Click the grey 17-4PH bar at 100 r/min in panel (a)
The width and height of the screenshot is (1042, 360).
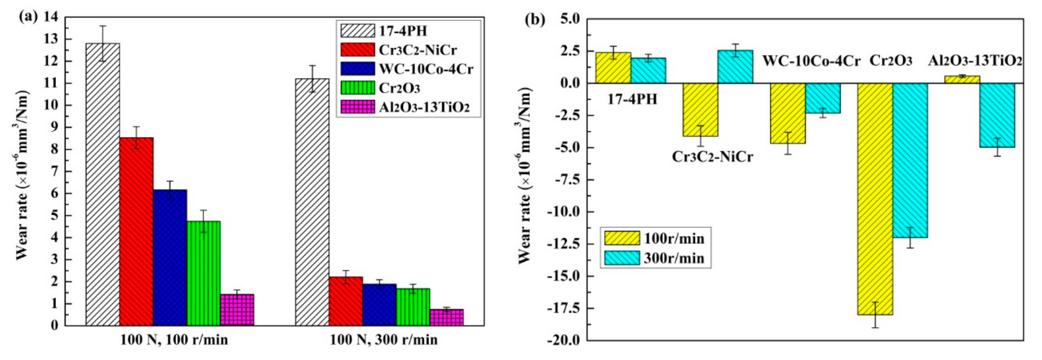(102, 184)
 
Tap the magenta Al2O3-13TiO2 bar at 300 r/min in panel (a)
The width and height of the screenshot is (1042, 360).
(447, 317)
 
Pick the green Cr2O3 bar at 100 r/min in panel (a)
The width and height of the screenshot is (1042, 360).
(203, 273)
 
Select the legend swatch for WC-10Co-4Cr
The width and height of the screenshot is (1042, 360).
(357, 69)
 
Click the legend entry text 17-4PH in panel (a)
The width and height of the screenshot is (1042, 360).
(403, 31)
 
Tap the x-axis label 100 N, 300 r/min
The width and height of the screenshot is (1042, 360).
(383, 340)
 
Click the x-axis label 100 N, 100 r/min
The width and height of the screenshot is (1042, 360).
(174, 340)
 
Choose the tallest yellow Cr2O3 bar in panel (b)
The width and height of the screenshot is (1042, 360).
(875, 198)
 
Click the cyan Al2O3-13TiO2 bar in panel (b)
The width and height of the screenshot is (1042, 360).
(997, 115)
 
